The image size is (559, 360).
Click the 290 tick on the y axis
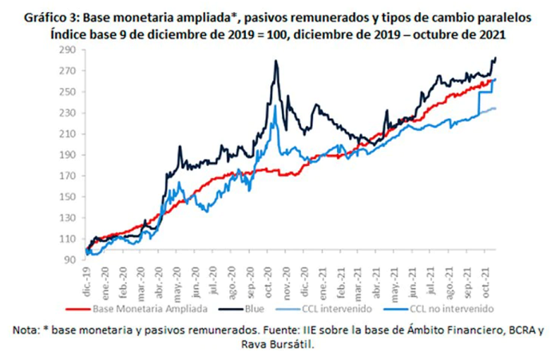click(68, 49)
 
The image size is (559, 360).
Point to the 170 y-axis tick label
click(68, 176)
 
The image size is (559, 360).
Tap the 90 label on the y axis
click(70, 260)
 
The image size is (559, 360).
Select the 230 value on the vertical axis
click(68, 113)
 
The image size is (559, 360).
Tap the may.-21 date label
click(394, 284)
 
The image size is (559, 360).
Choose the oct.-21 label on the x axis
click(486, 283)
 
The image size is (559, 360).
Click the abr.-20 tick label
click(159, 283)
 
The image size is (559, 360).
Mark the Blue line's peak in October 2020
click(276, 60)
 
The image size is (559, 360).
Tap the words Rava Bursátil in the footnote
click(277, 345)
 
